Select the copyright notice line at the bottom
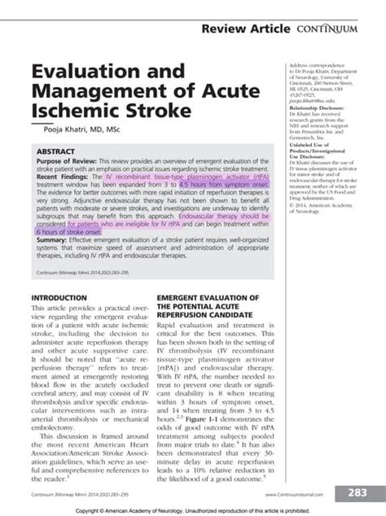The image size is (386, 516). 192,509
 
